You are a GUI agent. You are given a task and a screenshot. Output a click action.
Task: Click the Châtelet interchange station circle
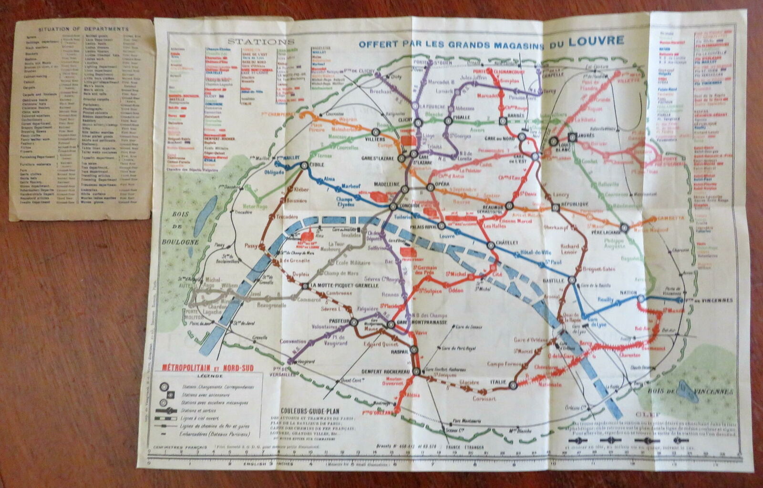(491, 245)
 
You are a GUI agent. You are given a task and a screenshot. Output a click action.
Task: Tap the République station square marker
(555, 207)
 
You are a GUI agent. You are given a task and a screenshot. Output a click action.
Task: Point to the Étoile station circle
(304, 165)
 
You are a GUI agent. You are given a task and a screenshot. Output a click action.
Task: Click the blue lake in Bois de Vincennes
(690, 391)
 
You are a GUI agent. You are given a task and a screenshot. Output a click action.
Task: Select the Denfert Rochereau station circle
(417, 371)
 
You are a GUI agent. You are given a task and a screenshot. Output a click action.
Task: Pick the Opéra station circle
(431, 187)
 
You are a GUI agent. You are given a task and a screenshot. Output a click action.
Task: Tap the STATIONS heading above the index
(261, 42)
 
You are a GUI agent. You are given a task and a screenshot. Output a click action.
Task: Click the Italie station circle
(513, 385)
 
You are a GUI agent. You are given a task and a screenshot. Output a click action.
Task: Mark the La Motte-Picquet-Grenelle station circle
(305, 286)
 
